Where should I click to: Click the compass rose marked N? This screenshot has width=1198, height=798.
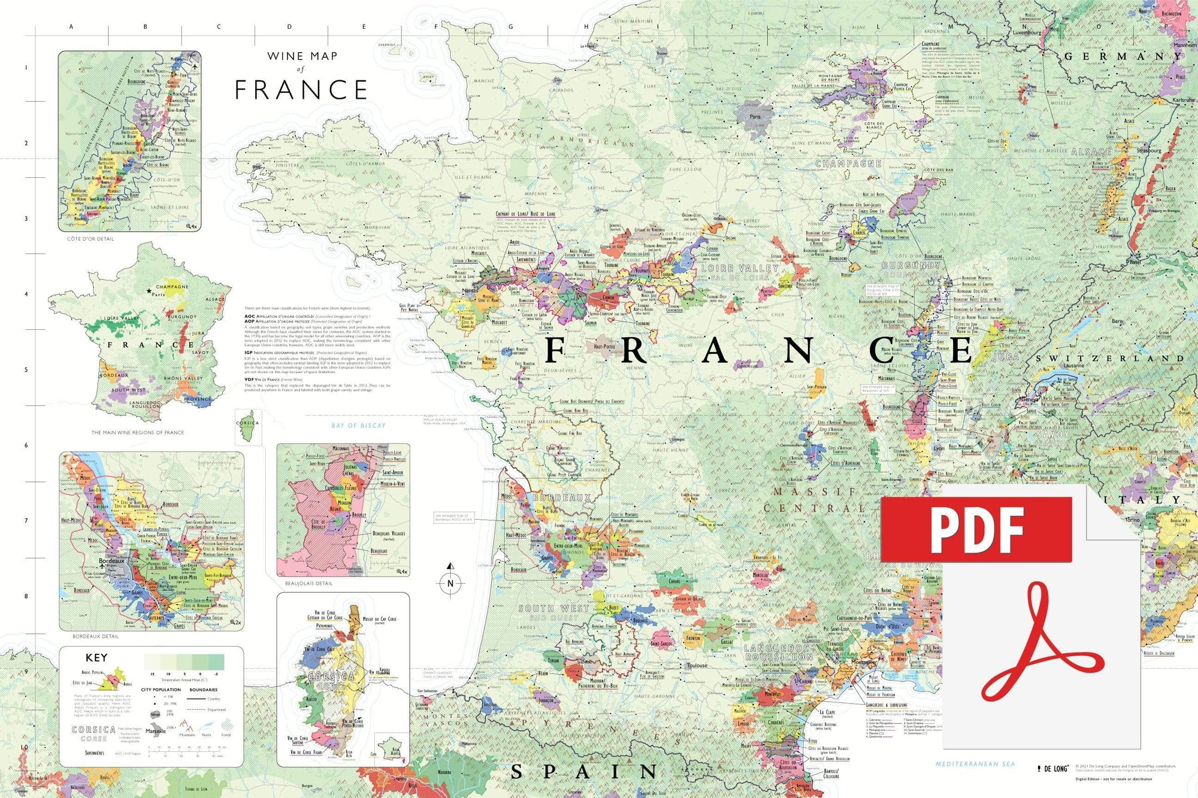pyautogui.click(x=450, y=582)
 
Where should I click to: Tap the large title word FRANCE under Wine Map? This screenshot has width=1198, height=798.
pyautogui.click(x=301, y=90)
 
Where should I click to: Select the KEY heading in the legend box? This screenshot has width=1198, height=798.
pyautogui.click(x=96, y=657)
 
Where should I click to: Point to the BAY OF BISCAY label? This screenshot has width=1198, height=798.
pyautogui.click(x=358, y=426)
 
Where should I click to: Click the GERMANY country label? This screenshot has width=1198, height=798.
pyautogui.click(x=1123, y=56)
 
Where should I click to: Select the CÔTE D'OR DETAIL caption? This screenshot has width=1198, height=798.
pyautogui.click(x=90, y=239)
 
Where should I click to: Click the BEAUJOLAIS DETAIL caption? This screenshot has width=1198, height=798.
pyautogui.click(x=308, y=583)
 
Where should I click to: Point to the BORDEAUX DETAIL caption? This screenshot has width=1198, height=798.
pyautogui.click(x=96, y=636)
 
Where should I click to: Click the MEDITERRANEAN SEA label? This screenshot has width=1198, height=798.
pyautogui.click(x=975, y=764)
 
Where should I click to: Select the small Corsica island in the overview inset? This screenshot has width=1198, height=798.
pyautogui.click(x=247, y=426)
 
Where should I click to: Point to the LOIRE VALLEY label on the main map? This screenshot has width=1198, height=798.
pyautogui.click(x=740, y=268)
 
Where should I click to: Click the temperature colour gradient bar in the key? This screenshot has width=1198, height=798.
pyautogui.click(x=184, y=662)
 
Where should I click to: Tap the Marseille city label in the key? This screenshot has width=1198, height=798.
pyautogui.click(x=156, y=731)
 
